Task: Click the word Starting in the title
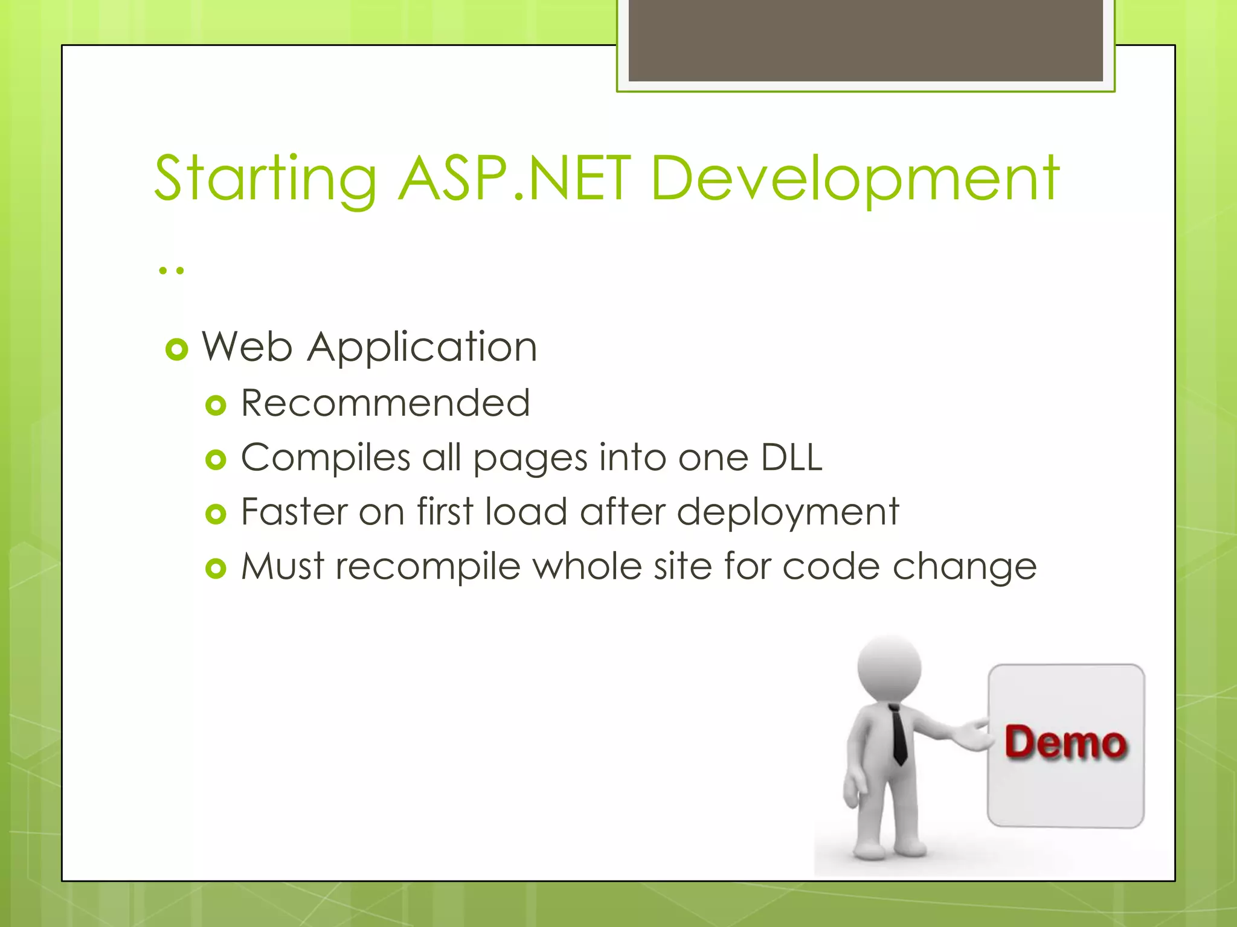click(266, 179)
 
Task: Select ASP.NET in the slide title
click(515, 179)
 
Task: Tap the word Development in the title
click(855, 179)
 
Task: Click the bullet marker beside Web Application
click(177, 349)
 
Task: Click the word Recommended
click(385, 403)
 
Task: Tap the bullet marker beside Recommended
click(216, 406)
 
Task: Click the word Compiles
click(326, 457)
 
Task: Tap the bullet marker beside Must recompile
click(216, 569)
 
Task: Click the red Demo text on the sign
click(1065, 742)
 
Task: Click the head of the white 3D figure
click(889, 667)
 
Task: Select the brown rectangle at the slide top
click(865, 40)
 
